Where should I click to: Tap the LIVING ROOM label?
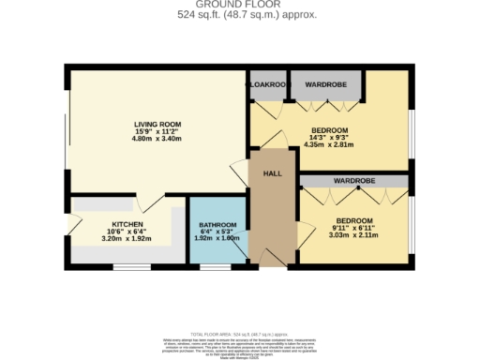coord(157,124)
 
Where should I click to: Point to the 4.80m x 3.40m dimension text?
coord(157,139)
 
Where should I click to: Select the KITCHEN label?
coord(127,225)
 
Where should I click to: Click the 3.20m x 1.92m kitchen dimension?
coord(127,239)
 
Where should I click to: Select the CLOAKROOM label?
coord(268,83)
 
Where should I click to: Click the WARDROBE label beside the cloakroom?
coord(326,83)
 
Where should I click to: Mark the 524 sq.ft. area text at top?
coord(239,16)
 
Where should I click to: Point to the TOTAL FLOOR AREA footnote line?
coord(239,334)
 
